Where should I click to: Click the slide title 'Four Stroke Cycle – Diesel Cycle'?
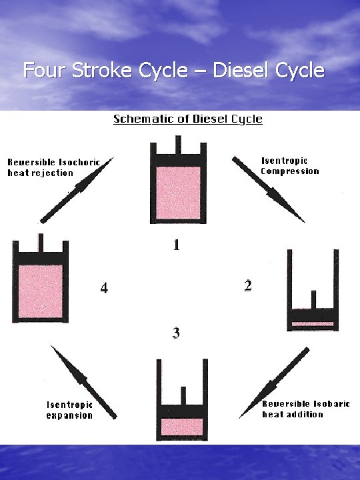[x=173, y=70]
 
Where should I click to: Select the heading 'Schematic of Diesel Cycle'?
[x=187, y=119]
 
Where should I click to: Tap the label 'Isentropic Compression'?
[x=289, y=166]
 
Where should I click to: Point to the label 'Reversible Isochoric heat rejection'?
[x=53, y=167]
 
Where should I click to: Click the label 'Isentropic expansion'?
[x=69, y=409]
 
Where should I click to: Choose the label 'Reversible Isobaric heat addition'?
[x=305, y=409]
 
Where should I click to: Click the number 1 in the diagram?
[x=176, y=245]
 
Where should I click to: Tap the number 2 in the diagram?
[x=247, y=286]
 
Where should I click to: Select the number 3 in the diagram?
[x=176, y=333]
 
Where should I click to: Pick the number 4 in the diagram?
[x=104, y=288]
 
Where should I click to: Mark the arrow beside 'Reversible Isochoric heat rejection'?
[x=77, y=190]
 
